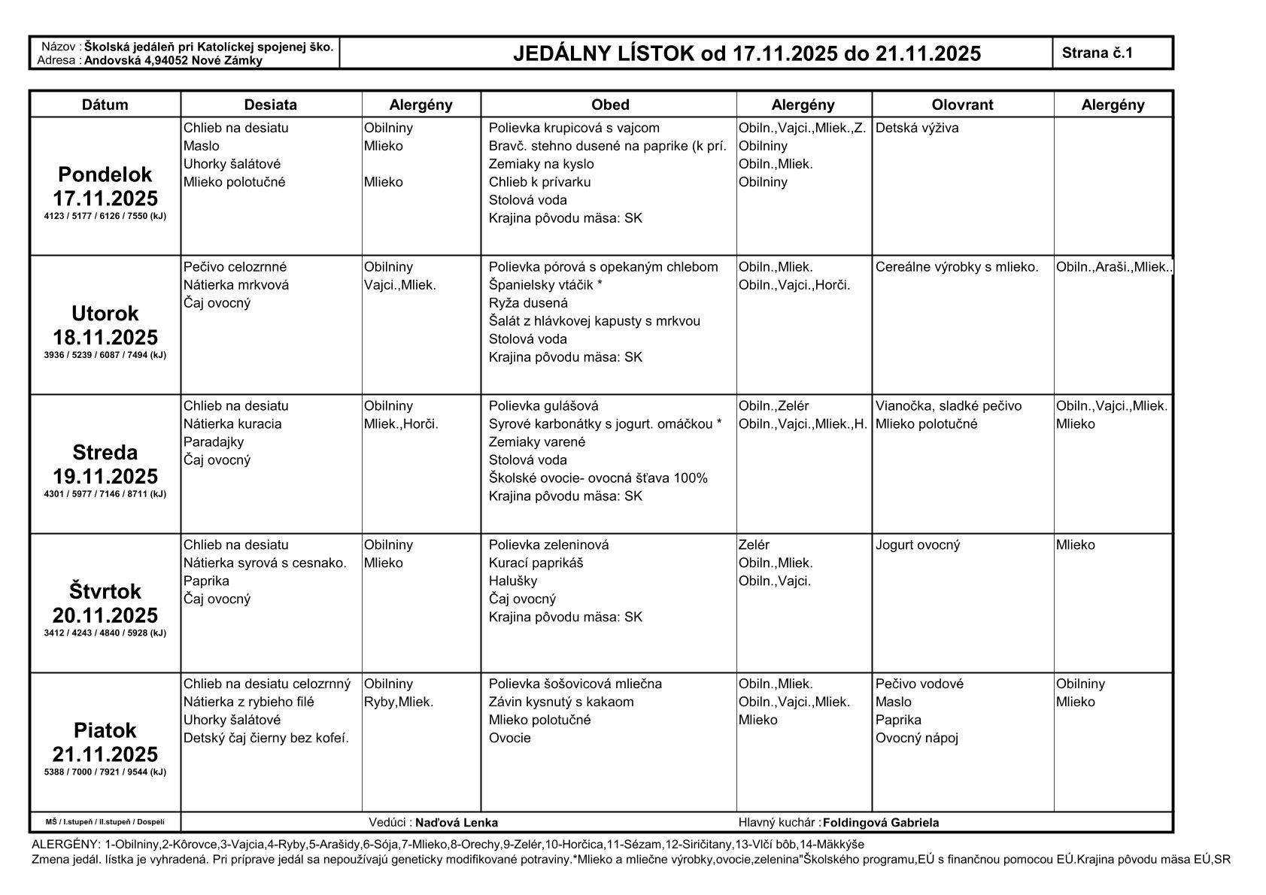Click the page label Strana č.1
point(1098,53)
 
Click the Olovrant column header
point(962,105)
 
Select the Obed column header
point(609,105)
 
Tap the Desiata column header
point(271,105)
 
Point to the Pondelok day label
point(105,174)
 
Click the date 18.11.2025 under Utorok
point(105,337)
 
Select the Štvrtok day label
point(105,591)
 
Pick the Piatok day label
point(105,730)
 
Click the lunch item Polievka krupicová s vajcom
point(574,128)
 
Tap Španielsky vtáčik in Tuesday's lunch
point(545,285)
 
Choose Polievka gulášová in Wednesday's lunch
point(543,406)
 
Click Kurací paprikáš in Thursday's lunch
point(536,563)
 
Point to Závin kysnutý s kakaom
point(561,702)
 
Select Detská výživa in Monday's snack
point(917,128)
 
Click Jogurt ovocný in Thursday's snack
point(918,545)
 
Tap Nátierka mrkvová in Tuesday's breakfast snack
point(235,285)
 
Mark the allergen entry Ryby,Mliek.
point(399,702)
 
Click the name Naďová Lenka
point(457,823)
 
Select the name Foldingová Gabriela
point(881,823)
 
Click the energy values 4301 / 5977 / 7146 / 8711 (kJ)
point(105,494)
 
